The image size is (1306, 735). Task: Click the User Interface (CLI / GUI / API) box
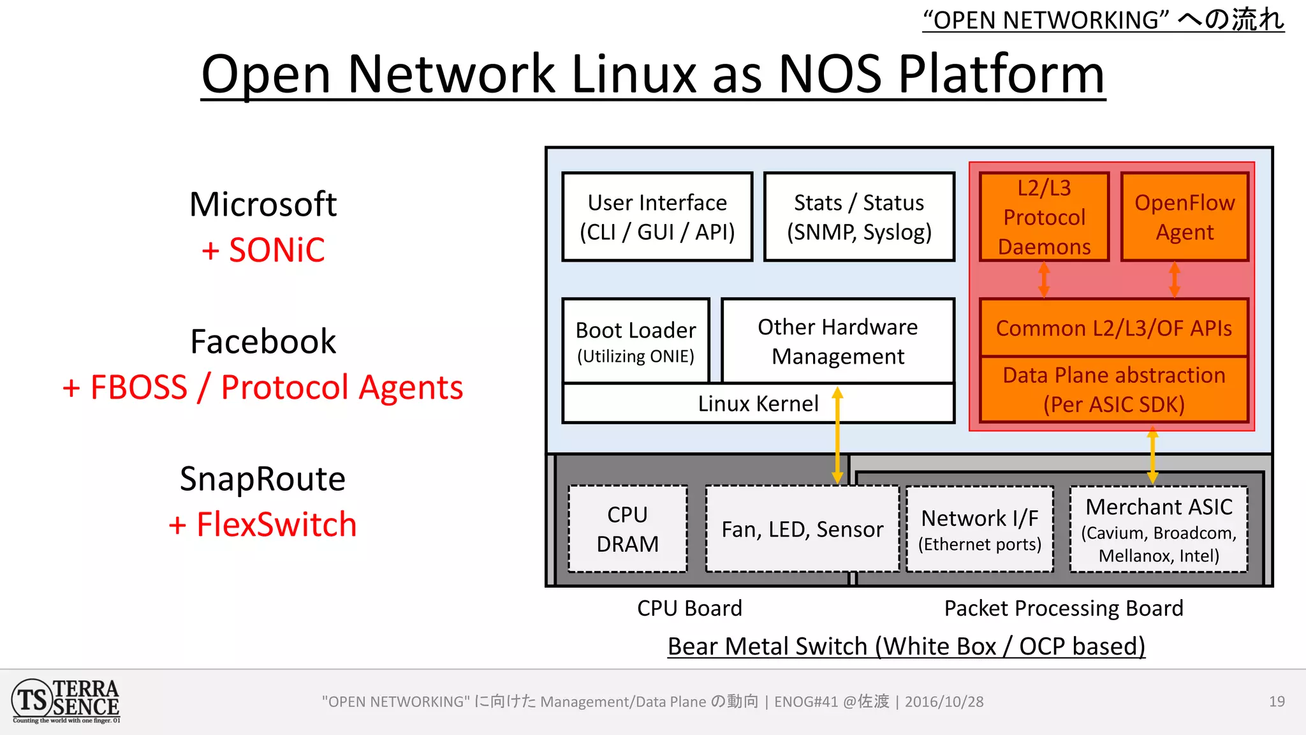[657, 217]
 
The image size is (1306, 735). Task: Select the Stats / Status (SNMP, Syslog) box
[859, 217]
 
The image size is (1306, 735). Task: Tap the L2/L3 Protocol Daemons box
[1044, 217]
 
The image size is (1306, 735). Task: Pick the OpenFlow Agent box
[1184, 217]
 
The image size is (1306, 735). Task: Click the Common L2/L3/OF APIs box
[1113, 328]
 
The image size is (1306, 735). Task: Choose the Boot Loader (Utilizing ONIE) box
[636, 341]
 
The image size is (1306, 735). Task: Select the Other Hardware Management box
[837, 341]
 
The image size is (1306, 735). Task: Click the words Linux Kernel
[758, 404]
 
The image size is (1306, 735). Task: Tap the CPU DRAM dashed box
[627, 529]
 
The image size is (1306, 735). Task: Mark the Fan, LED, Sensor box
[802, 529]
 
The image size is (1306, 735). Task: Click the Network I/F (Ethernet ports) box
[979, 529]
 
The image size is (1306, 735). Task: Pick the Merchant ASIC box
[1159, 529]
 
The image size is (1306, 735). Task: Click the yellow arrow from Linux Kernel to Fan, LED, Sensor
[837, 440]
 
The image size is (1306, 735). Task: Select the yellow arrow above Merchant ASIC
[1152, 456]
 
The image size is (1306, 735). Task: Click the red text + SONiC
[263, 250]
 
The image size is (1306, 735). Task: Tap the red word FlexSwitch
[276, 524]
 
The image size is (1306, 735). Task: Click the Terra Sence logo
[66, 701]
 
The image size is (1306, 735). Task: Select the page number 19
[1277, 702]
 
